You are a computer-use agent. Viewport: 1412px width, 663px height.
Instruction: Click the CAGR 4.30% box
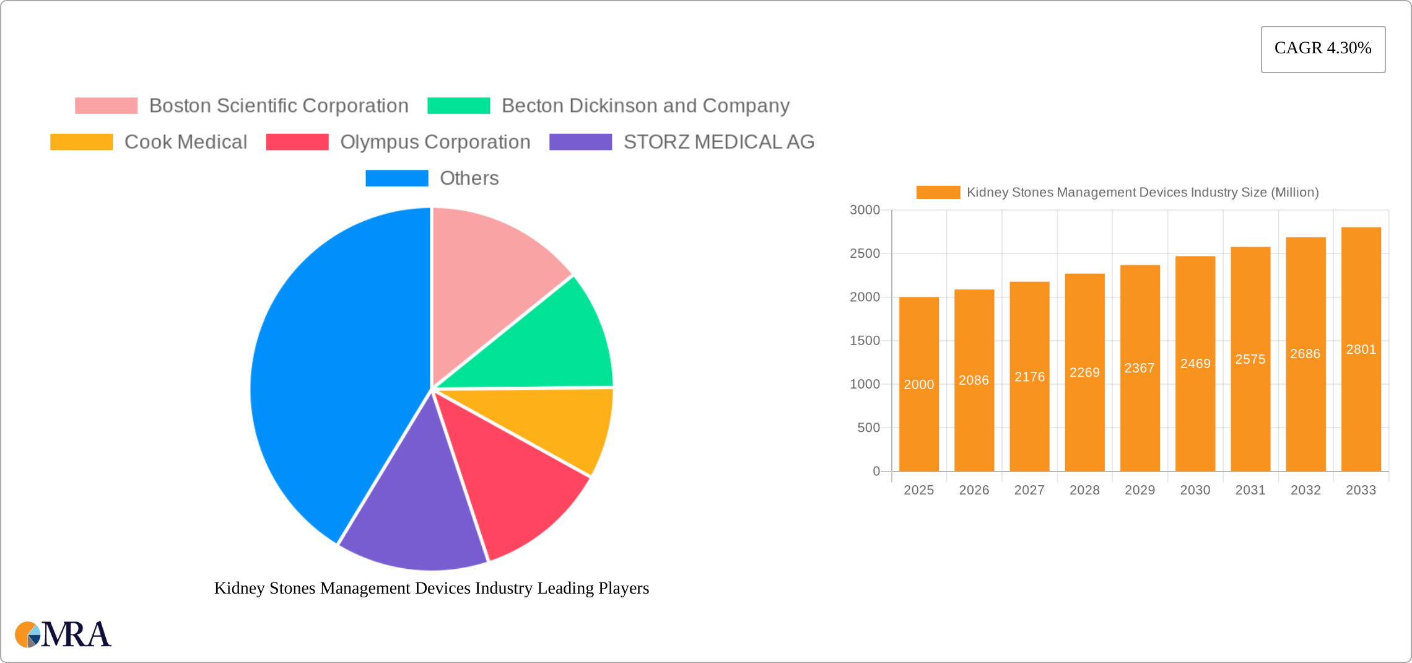(x=1323, y=49)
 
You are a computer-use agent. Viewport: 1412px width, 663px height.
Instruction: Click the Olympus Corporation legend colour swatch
(x=297, y=142)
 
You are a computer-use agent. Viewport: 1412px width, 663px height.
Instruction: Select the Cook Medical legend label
(x=186, y=142)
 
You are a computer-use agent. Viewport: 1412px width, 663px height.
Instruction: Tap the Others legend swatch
(x=396, y=178)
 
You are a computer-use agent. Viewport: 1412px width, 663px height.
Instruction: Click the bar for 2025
(x=918, y=421)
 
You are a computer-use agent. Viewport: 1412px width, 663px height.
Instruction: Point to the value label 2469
(x=1195, y=364)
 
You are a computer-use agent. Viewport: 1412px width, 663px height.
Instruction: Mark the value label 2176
(x=1029, y=377)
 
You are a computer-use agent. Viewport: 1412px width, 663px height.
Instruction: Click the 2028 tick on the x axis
(x=1084, y=490)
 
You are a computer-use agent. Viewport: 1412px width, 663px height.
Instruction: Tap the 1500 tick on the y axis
(x=865, y=341)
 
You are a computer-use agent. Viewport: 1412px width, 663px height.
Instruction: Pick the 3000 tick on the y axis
(x=865, y=210)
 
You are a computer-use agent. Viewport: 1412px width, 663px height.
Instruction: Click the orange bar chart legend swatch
(x=938, y=193)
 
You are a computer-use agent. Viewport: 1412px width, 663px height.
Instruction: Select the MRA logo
(x=63, y=634)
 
